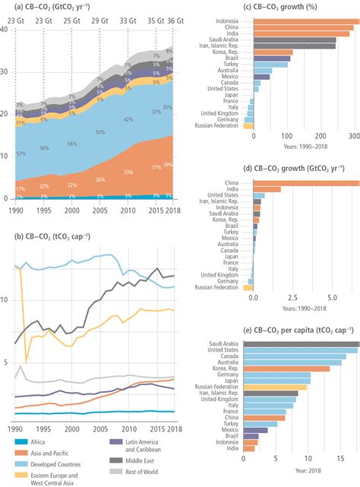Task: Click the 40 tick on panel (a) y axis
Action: click(5, 30)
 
